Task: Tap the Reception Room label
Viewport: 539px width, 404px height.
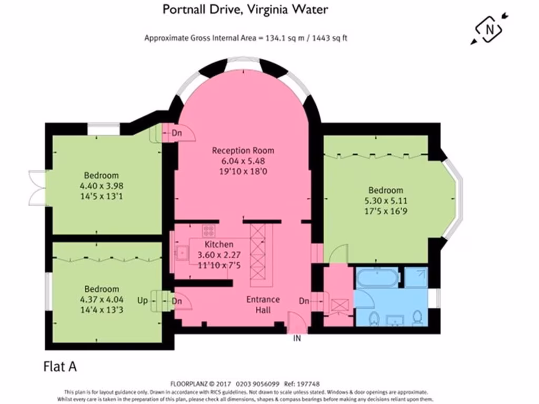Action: coord(243,150)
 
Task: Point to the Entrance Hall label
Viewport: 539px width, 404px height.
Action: coord(263,305)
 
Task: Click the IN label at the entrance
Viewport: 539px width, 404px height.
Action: coord(297,338)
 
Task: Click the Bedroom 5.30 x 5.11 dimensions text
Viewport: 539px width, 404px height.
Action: coord(386,200)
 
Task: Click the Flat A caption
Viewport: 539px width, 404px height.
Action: coord(59,367)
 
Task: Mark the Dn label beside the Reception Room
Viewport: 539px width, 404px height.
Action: coord(177,134)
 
